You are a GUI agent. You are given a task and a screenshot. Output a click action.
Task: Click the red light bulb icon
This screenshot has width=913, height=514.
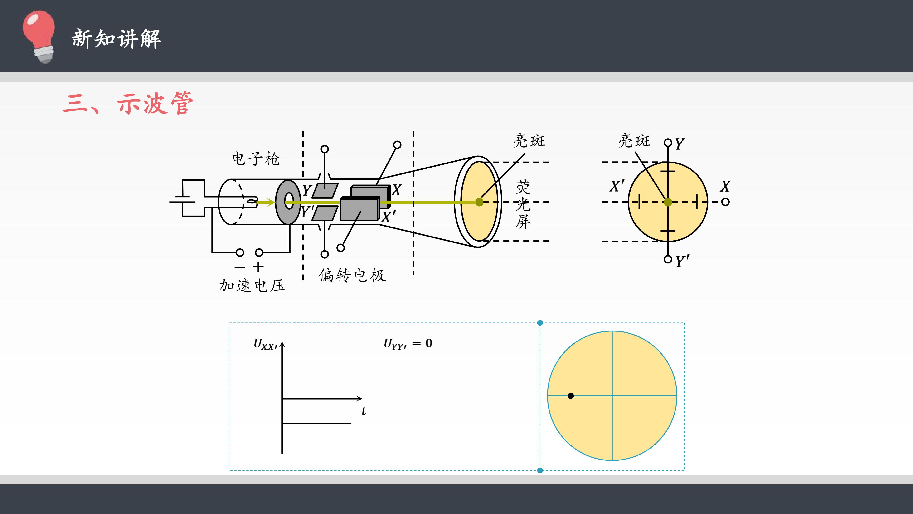[39, 37]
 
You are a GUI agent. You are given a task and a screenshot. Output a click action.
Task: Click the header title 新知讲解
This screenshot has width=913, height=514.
[117, 39]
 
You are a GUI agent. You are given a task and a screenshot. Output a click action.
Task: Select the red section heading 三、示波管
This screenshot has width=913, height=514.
[128, 103]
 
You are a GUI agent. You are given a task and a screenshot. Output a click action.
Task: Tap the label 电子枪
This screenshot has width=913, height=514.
[256, 158]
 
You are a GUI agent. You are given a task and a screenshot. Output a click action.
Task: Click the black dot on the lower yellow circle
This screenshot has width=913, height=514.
[571, 395]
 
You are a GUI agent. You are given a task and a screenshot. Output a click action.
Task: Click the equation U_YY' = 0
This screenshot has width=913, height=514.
[408, 343]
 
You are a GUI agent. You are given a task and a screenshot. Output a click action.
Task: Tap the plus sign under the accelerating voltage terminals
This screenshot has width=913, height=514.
[258, 267]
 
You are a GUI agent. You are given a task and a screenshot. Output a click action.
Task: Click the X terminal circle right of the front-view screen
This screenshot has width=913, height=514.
[725, 202]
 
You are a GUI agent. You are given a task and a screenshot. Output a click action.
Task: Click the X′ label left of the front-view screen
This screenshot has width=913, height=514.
[617, 186]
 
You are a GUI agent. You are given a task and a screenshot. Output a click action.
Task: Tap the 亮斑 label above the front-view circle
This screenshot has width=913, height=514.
[634, 141]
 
